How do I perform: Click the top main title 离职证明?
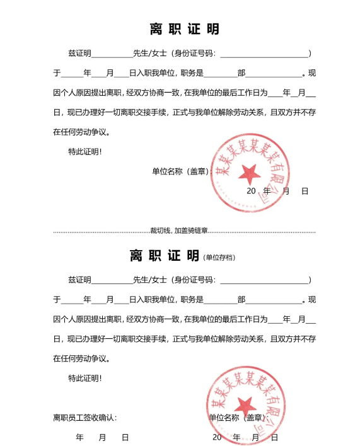point(184,29)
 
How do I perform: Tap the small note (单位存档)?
point(219,258)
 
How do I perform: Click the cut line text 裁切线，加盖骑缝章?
point(179,231)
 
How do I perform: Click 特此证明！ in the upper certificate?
point(84,152)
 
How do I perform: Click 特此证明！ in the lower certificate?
point(84,378)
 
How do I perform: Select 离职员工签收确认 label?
point(84,418)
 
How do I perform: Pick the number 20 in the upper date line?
point(250,191)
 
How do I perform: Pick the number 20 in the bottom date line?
point(217,437)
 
